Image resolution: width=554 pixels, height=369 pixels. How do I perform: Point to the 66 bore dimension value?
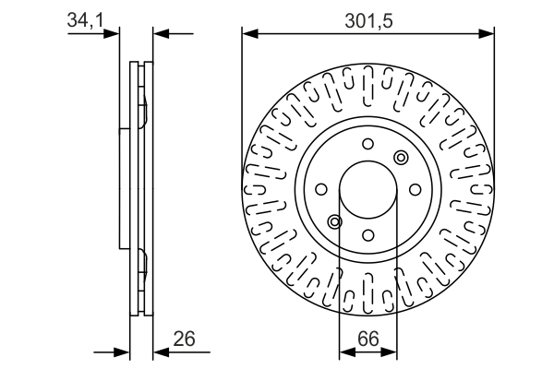[x=368, y=338]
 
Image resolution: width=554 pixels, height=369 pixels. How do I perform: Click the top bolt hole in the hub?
[x=367, y=144]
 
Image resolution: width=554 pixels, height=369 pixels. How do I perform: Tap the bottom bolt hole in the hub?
[x=367, y=234]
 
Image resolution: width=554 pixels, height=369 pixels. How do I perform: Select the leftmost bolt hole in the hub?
[x=322, y=189]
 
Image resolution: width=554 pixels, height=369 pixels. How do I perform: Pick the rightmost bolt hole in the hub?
[x=413, y=189]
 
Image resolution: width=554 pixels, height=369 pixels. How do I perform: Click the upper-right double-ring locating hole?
[x=400, y=158]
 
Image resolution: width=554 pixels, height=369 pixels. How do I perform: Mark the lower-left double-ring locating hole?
[x=335, y=221]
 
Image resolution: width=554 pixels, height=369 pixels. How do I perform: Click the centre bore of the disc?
[x=367, y=189]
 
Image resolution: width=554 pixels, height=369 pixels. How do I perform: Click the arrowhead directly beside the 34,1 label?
[x=114, y=34]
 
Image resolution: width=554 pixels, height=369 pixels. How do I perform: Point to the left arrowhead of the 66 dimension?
[x=345, y=351]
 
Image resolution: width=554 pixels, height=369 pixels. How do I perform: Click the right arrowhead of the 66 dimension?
[x=391, y=351]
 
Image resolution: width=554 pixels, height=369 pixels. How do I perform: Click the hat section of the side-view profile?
[x=125, y=189]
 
